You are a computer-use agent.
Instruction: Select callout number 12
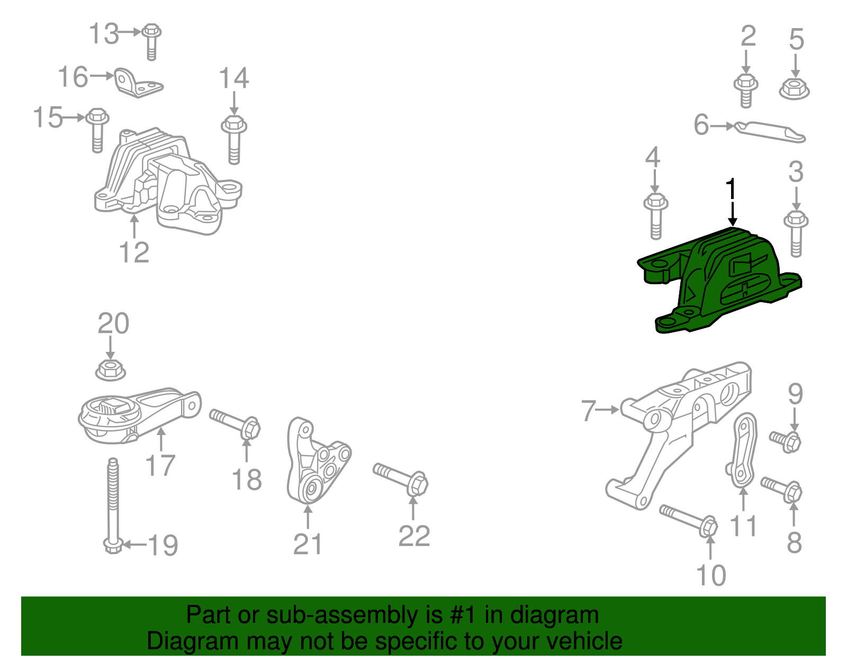(134, 252)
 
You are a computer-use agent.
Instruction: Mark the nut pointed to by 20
(111, 369)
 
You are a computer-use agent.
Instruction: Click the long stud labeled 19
(113, 503)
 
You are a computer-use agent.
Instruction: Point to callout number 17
(160, 466)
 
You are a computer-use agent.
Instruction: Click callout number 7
(589, 410)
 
